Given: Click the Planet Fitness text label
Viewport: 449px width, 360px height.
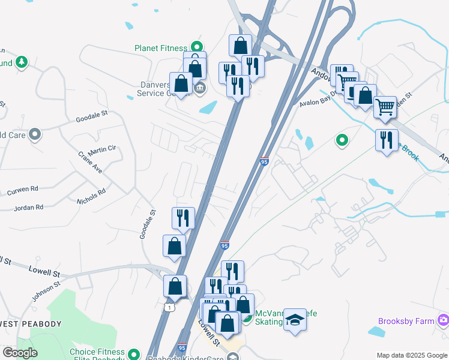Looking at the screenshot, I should [161, 48].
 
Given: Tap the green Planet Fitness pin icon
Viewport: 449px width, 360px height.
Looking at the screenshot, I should [196, 46].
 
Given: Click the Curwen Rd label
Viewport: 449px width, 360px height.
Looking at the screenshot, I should [22, 190].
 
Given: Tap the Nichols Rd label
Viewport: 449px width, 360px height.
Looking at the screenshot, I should [91, 196].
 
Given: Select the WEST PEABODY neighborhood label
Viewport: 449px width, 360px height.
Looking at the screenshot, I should [31, 324].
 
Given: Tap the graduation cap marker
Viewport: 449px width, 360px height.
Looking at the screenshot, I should [295, 319].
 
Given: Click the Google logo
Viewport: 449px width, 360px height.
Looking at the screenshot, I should [20, 352].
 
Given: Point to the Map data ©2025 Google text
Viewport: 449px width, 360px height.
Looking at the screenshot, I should [411, 355].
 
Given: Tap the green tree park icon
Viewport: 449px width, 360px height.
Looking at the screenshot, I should [22, 62].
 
